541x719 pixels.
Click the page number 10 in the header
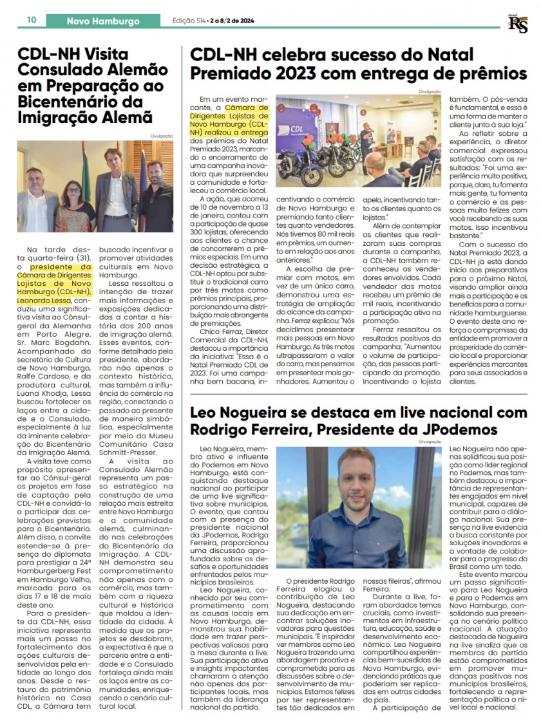coord(32,21)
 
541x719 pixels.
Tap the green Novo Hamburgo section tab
coord(103,21)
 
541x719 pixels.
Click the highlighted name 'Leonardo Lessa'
coord(46,299)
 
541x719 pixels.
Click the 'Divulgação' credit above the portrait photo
coord(430,442)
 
